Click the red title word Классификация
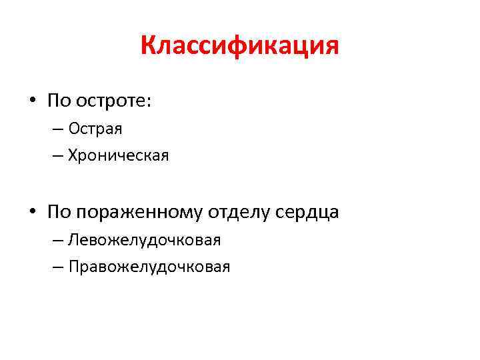tap(240, 47)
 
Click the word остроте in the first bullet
tap(112, 101)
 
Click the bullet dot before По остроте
tap(32, 101)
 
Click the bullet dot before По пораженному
tap(32, 213)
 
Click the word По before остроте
tap(57, 101)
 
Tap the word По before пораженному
tap(57, 213)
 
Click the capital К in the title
tap(148, 47)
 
